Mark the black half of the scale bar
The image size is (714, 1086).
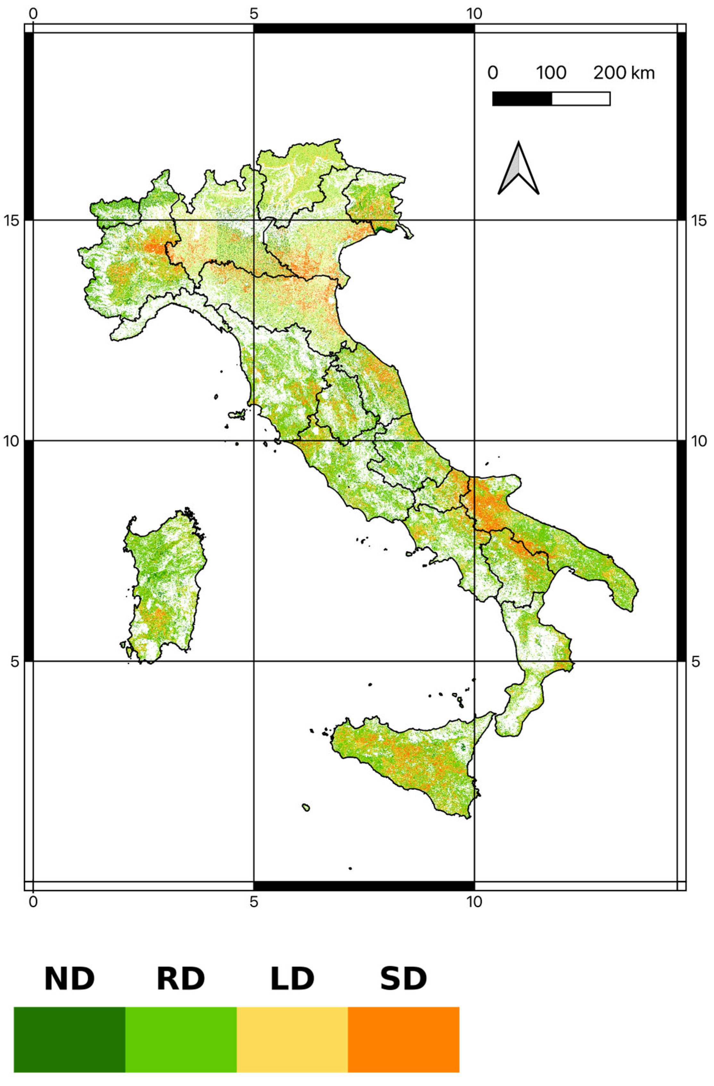click(x=522, y=98)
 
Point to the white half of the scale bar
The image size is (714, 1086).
click(x=581, y=98)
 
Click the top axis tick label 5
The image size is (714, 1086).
click(x=254, y=14)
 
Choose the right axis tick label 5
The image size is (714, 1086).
click(x=695, y=661)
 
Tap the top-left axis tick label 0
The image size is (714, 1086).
click(x=33, y=14)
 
